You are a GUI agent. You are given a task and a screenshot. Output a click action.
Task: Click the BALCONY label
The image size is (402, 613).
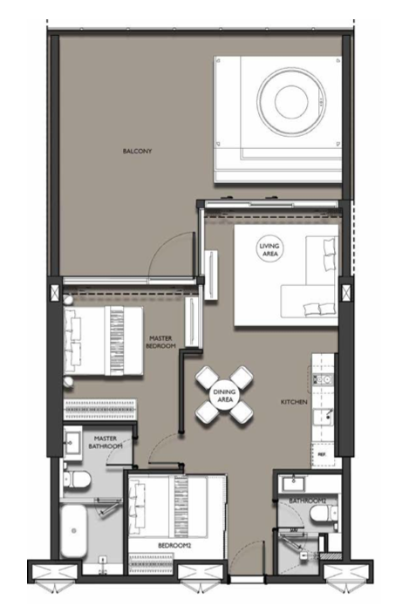[x=137, y=151]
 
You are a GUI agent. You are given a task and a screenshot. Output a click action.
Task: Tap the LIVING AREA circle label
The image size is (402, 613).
[x=269, y=249]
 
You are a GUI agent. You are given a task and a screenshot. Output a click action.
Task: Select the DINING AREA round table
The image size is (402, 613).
[x=224, y=396]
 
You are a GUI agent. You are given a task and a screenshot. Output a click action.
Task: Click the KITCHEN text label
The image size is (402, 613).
[x=294, y=402]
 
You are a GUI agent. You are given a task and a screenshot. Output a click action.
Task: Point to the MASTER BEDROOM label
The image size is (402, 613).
[x=160, y=342]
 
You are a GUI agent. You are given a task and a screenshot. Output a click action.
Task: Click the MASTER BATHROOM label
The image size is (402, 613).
[x=106, y=442]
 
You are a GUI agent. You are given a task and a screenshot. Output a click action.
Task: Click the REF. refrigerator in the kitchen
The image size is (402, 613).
[x=323, y=455]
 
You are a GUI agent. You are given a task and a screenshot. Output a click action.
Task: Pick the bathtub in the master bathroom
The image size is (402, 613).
[x=73, y=531]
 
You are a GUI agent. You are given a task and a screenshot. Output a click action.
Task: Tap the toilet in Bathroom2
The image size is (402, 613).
[x=324, y=514]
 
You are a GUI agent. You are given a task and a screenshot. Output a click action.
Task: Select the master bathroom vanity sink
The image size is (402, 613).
[x=72, y=443]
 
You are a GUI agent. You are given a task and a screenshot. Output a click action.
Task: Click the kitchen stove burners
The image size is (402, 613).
[x=323, y=378]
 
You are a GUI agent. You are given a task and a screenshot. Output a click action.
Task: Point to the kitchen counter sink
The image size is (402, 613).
[x=324, y=417]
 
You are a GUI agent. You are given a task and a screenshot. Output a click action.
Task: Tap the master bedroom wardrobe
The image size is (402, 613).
[x=100, y=410]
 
